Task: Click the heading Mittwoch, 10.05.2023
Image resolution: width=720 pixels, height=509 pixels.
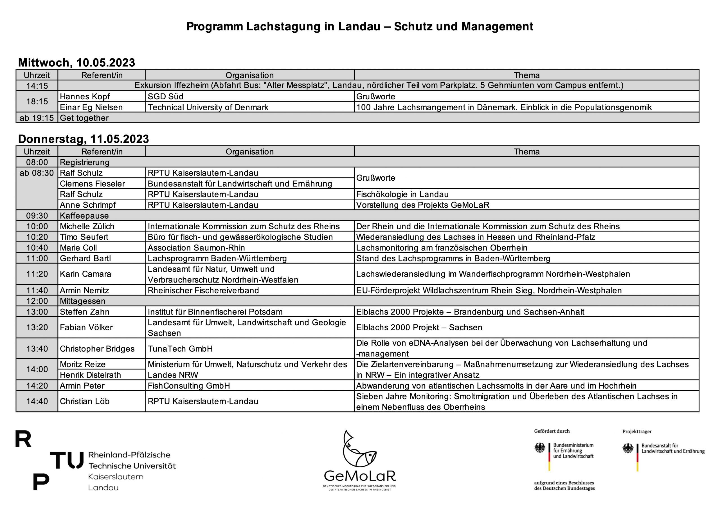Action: click(x=76, y=62)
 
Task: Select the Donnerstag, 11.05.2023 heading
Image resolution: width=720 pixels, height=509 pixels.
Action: click(x=84, y=139)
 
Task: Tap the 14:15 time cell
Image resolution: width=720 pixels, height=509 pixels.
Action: click(x=37, y=86)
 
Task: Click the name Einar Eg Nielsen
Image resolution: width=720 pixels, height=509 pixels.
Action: click(x=91, y=107)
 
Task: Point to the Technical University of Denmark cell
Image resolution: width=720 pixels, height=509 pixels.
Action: click(x=208, y=107)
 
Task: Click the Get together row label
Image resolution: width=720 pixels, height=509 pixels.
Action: click(x=84, y=118)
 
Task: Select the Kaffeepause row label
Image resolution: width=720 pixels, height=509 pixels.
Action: click(x=84, y=216)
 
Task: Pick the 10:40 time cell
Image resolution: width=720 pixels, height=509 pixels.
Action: click(x=37, y=248)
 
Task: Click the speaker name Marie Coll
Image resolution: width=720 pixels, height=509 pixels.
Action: click(x=78, y=248)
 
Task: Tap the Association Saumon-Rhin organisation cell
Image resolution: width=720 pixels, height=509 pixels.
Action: click(x=196, y=248)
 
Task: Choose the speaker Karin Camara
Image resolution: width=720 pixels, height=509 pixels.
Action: click(x=85, y=274)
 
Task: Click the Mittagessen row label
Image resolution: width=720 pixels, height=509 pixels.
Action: click(x=82, y=301)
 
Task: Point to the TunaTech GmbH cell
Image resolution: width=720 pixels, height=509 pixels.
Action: click(x=180, y=349)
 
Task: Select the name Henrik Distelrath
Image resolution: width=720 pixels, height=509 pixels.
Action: click(x=90, y=375)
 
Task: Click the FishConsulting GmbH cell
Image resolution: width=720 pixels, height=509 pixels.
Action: click(x=189, y=386)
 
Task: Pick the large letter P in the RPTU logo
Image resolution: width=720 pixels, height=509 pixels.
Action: click(x=41, y=482)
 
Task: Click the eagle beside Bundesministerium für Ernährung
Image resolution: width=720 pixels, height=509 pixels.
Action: click(x=540, y=448)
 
